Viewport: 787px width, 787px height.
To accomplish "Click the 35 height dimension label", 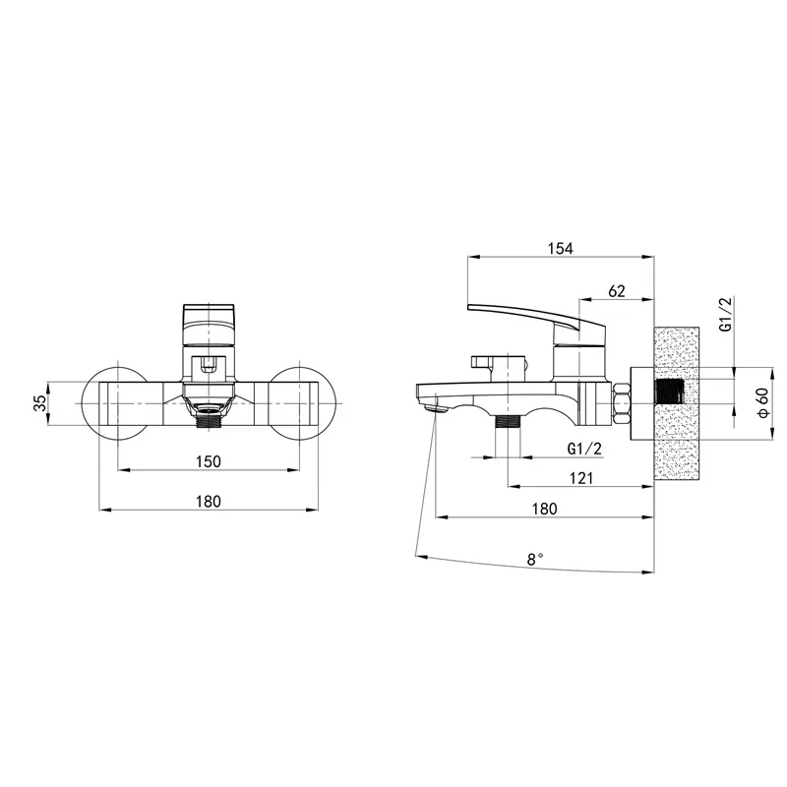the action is (x=40, y=403).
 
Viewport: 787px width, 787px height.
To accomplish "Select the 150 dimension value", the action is (x=209, y=460).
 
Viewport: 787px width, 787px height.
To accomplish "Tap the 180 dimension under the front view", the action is (x=209, y=501).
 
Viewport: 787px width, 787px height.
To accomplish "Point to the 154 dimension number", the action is (x=560, y=248).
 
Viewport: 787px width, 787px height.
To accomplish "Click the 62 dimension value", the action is (x=617, y=290).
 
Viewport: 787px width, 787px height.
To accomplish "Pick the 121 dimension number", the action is (x=581, y=478).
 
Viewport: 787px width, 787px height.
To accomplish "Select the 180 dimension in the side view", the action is (x=545, y=509).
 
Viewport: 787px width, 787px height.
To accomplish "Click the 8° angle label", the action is (x=535, y=559).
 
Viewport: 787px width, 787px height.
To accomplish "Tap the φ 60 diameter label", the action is (x=763, y=403).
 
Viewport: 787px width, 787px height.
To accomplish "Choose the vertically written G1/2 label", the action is (x=726, y=314).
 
